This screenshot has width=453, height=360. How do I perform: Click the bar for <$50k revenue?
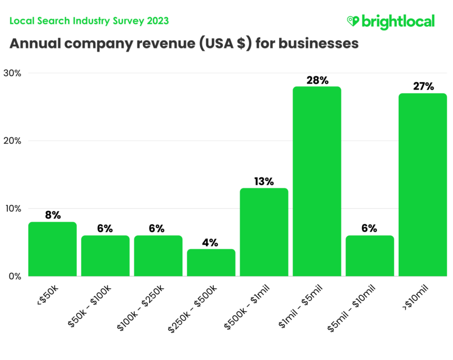click(x=52, y=249)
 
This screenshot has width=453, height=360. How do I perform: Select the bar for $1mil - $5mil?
click(x=317, y=182)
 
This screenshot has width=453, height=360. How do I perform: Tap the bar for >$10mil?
click(x=422, y=185)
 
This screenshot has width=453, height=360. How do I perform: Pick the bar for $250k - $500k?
click(x=211, y=263)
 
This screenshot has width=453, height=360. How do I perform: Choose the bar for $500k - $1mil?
click(x=264, y=232)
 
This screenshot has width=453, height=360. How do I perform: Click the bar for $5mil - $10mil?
click(x=369, y=256)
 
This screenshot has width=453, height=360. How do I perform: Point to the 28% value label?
click(x=317, y=81)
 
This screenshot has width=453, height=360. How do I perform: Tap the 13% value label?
click(x=264, y=182)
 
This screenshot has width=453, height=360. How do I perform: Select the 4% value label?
click(x=211, y=243)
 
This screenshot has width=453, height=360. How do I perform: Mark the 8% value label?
click(x=52, y=215)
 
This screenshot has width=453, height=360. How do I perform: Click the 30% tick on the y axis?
click(x=12, y=73)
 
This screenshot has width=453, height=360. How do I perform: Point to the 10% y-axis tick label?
click(x=12, y=208)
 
